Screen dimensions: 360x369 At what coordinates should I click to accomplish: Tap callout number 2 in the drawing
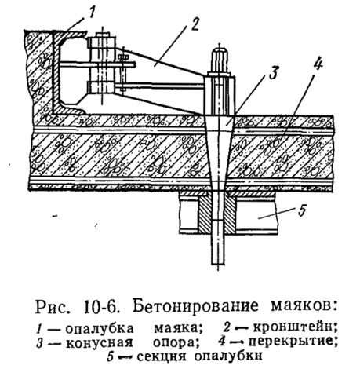click(x=194, y=25)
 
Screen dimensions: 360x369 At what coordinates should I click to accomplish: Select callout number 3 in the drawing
click(x=273, y=73)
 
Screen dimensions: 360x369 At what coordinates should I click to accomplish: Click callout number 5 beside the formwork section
click(x=302, y=211)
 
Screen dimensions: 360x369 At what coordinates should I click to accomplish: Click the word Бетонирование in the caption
click(x=195, y=305)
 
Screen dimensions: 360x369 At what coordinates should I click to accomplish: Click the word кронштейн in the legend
click(x=292, y=327)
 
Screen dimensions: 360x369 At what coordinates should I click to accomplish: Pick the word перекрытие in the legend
click(x=291, y=342)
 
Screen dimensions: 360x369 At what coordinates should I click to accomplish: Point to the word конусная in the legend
click(x=99, y=342)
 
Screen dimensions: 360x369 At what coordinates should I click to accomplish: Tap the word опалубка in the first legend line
click(x=100, y=328)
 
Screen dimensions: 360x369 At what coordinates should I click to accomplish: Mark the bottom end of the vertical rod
click(x=218, y=263)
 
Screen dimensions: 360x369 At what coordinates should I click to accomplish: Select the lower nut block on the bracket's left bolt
click(x=101, y=87)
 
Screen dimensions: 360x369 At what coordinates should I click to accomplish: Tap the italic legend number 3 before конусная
click(x=39, y=343)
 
